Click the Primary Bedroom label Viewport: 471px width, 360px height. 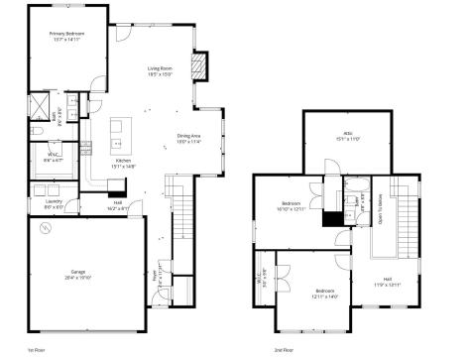(67, 36)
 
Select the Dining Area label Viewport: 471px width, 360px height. (189, 139)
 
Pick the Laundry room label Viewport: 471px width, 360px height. (53, 205)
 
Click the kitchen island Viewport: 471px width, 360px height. (121, 130)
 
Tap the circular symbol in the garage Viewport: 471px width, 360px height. (43, 229)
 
